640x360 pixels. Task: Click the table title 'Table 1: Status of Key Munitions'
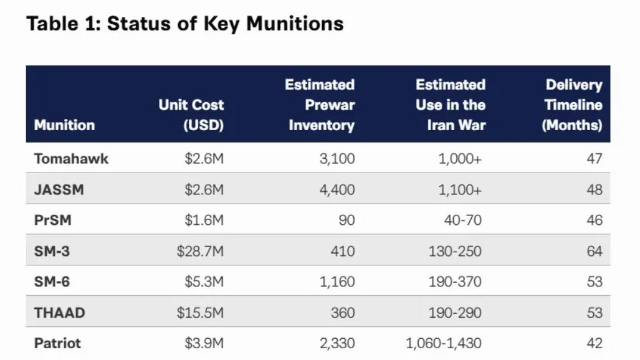click(185, 23)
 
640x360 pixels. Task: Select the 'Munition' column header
click(64, 125)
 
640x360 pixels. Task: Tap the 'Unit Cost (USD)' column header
click(191, 115)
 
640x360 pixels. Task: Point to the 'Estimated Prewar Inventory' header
click(320, 105)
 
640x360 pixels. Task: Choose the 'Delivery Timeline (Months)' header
click(572, 105)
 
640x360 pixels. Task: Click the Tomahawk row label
click(72, 158)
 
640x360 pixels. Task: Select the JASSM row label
click(59, 189)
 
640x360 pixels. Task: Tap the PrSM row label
click(53, 220)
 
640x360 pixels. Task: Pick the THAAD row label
click(60, 313)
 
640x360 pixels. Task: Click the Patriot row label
click(57, 343)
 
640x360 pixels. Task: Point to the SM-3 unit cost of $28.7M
click(201, 251)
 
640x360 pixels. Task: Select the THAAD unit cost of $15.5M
click(201, 313)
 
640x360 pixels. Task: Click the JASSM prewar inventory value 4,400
click(337, 189)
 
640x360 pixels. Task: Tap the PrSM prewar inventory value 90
click(346, 220)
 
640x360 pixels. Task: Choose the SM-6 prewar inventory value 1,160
click(337, 282)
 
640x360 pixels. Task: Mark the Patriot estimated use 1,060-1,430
click(444, 343)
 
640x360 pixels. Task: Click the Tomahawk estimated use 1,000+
click(460, 158)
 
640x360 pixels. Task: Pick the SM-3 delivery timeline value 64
click(595, 251)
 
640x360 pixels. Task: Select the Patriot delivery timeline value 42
click(595, 343)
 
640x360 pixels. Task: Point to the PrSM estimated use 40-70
click(463, 220)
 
